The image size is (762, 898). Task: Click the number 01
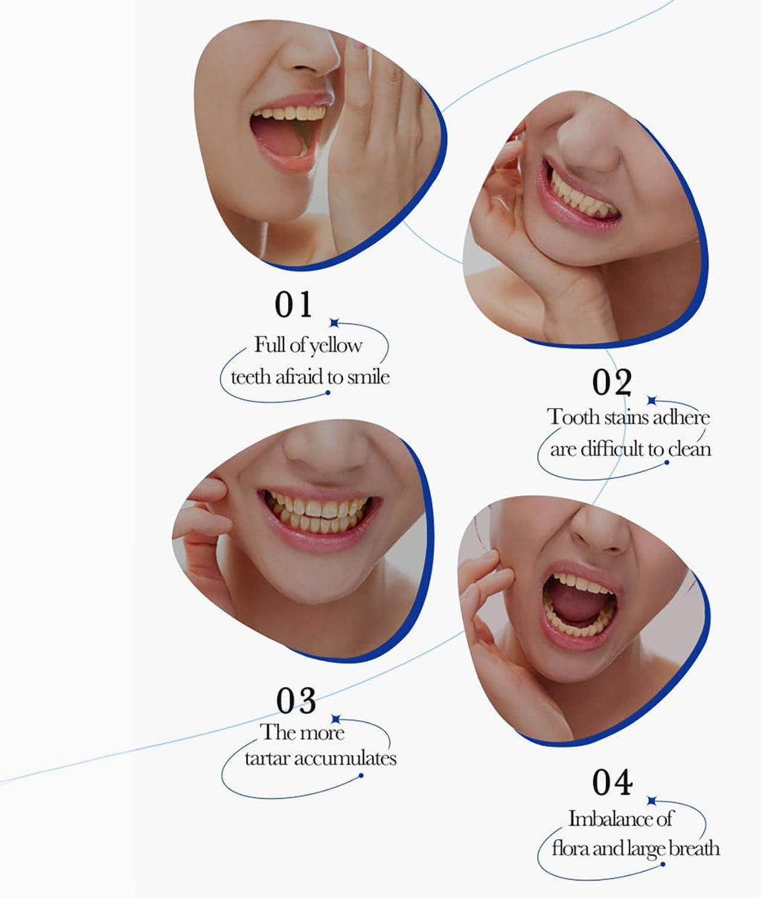(x=293, y=305)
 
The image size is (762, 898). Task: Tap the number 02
(x=612, y=382)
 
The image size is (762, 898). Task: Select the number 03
(x=296, y=701)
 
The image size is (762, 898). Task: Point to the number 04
(x=612, y=782)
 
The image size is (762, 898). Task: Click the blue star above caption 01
(x=334, y=323)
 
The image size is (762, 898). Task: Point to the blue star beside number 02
(x=651, y=400)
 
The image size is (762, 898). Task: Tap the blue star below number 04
(x=651, y=800)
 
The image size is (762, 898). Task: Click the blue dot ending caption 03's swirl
(x=361, y=775)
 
